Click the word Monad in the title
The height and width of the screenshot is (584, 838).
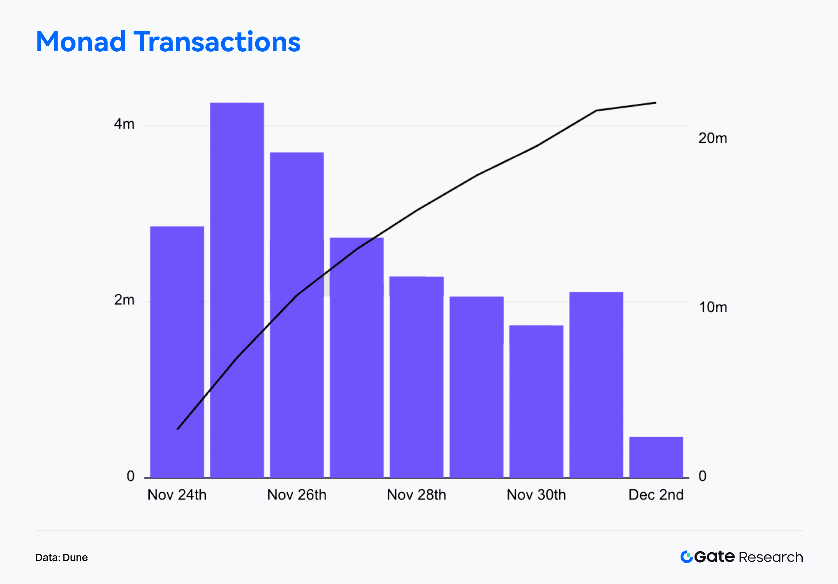point(81,42)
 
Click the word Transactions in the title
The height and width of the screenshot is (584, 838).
point(218,42)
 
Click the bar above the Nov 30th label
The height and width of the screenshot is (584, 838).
point(536,401)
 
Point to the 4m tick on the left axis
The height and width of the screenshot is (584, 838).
point(124,124)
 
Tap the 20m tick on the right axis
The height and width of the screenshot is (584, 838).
point(712,138)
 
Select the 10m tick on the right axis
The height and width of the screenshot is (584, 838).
point(712,307)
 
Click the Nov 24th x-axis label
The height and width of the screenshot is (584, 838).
point(177,495)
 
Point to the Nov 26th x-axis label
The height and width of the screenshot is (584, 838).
point(297,495)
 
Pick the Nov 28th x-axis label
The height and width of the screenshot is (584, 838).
point(417,495)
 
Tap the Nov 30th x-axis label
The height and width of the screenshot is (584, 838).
point(536,495)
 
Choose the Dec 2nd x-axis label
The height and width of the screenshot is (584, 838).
point(656,495)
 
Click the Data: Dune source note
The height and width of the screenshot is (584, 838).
point(61,557)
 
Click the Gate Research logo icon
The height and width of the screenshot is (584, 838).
point(686,557)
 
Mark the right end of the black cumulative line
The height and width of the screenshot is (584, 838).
point(655,103)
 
